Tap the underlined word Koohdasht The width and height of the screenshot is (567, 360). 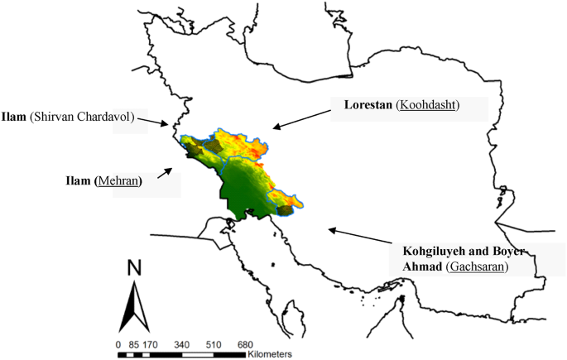[429, 105]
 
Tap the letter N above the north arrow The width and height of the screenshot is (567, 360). [134, 269]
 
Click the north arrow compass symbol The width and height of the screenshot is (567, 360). [134, 306]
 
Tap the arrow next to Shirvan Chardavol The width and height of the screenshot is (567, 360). [155, 122]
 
